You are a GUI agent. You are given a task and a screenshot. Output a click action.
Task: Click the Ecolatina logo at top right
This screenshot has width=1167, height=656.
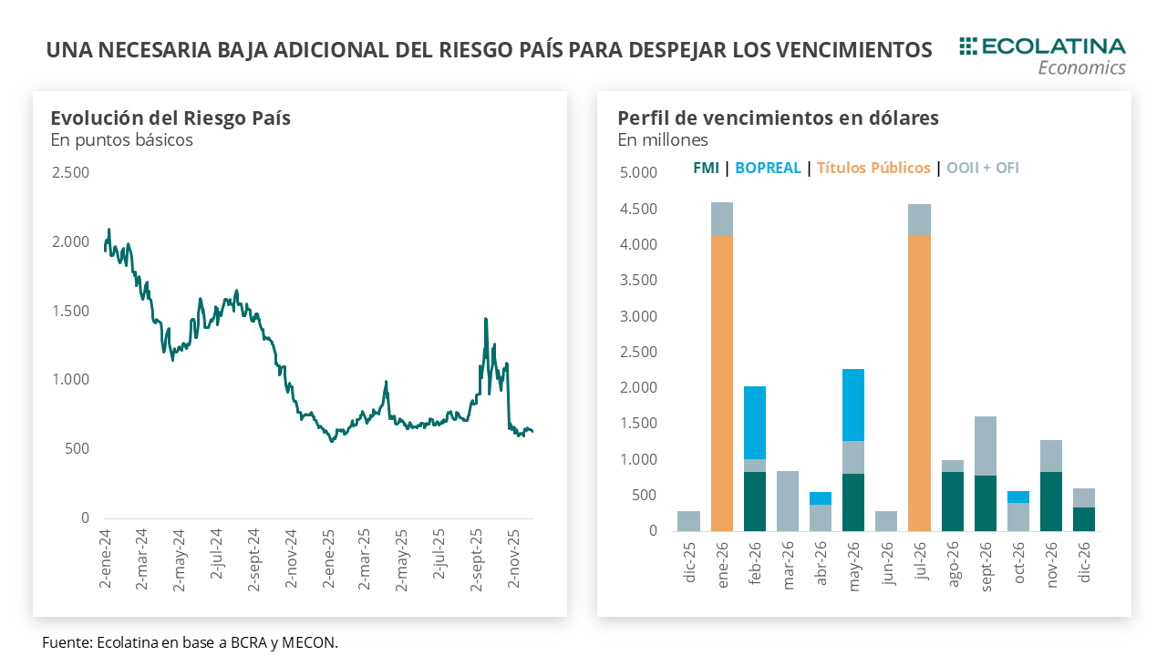(x=1042, y=56)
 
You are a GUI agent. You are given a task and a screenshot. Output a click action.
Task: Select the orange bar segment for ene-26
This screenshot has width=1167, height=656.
(x=722, y=383)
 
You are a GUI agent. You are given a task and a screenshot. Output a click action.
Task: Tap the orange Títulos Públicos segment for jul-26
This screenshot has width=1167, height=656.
(x=919, y=384)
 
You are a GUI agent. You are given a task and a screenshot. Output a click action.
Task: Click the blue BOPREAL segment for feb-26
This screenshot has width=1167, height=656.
(x=755, y=423)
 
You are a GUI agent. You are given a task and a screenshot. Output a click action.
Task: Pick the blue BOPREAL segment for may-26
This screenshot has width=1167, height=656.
(x=853, y=405)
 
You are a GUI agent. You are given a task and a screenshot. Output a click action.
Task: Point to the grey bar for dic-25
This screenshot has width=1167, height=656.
(x=689, y=521)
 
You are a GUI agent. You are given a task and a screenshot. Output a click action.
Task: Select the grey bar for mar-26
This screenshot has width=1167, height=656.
(x=788, y=501)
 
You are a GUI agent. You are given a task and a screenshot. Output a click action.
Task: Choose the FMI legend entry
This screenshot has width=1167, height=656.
(x=706, y=168)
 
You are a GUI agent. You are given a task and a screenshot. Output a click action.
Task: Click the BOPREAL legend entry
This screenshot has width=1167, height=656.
(x=768, y=168)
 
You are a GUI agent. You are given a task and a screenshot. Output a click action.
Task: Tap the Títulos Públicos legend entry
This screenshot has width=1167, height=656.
(x=873, y=168)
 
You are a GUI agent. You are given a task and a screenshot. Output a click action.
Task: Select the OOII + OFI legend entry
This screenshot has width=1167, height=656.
(x=983, y=168)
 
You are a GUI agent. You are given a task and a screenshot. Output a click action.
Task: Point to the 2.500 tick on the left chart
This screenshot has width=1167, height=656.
(x=70, y=173)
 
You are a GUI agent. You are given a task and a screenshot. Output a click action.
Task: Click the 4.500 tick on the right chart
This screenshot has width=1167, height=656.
(x=637, y=209)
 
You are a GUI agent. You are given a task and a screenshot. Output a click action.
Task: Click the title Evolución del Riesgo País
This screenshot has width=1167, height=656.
(x=170, y=118)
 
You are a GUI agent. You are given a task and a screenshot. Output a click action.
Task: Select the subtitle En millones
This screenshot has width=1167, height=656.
(x=663, y=139)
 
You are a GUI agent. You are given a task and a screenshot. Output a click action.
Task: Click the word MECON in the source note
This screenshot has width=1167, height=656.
(x=313, y=642)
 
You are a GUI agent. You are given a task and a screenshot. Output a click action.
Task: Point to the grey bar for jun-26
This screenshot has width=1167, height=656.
(x=886, y=521)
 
